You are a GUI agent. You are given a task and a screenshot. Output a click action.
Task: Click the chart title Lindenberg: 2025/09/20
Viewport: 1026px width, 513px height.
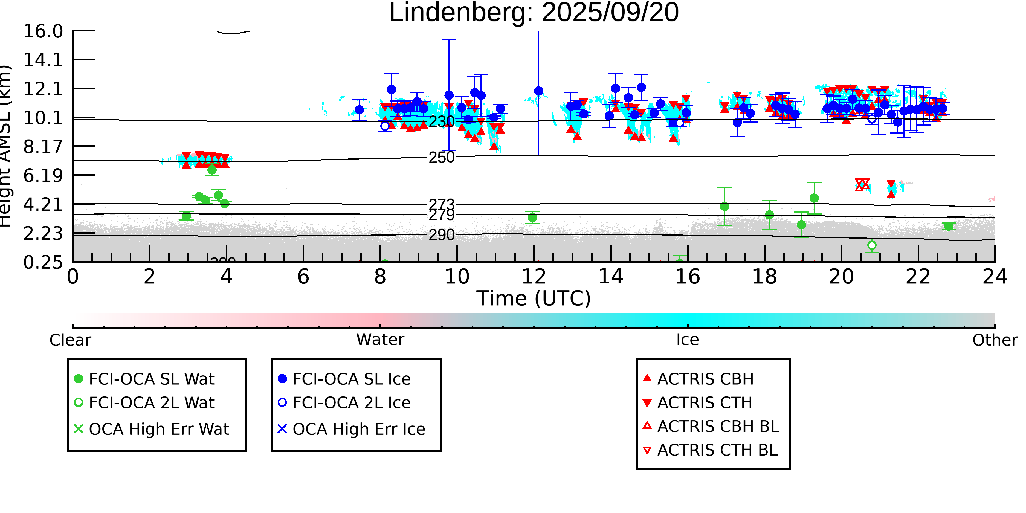pyautogui.click(x=534, y=13)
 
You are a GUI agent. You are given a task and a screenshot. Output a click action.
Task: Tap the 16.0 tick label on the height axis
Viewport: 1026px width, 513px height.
pyautogui.click(x=43, y=31)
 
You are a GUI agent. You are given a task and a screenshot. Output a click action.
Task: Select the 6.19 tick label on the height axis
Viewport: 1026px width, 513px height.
pyautogui.click(x=43, y=176)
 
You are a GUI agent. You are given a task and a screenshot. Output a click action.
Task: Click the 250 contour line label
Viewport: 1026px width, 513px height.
pyautogui.click(x=441, y=157)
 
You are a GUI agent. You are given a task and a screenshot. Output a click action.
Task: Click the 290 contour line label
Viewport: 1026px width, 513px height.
pyautogui.click(x=441, y=235)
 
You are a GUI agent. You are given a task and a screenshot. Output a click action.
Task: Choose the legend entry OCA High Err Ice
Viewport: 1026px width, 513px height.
pyautogui.click(x=358, y=429)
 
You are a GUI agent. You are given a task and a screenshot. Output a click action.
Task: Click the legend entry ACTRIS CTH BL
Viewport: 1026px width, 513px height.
pyautogui.click(x=717, y=450)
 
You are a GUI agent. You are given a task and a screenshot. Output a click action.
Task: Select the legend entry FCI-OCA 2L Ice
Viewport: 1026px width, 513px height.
pyautogui.click(x=351, y=403)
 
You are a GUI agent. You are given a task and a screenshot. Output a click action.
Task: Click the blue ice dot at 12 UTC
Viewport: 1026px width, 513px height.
pyautogui.click(x=538, y=91)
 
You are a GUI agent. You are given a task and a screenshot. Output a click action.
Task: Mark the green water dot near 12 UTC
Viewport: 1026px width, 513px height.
pyautogui.click(x=532, y=218)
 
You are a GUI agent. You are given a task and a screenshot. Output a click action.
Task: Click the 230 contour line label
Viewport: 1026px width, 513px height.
pyautogui.click(x=441, y=121)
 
